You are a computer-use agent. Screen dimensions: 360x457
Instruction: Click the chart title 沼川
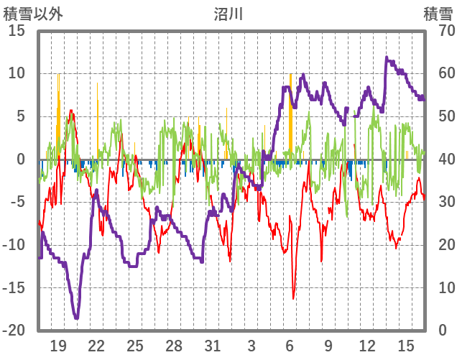(228, 13)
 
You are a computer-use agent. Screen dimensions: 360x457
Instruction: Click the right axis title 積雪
(437, 13)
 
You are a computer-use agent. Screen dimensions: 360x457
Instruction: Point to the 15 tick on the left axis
(17, 31)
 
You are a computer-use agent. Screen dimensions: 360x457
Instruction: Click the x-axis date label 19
(58, 345)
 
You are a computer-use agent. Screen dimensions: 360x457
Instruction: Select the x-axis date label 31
(212, 345)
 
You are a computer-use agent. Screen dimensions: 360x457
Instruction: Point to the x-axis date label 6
(290, 345)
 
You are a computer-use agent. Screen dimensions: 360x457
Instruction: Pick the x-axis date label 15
(405, 345)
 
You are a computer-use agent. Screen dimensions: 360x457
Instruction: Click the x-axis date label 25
(135, 345)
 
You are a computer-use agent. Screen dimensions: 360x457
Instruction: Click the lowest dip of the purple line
(76, 318)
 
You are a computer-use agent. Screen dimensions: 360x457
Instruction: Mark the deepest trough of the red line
(293, 298)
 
